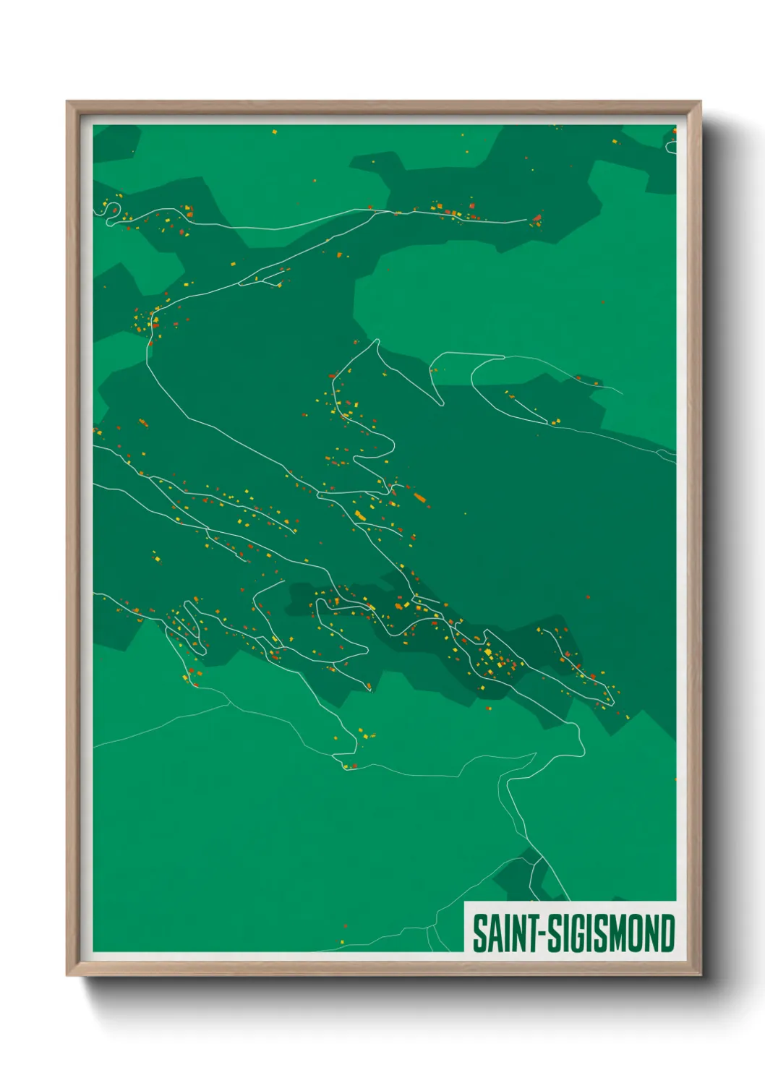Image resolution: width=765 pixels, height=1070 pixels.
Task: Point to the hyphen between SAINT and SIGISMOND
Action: pyautogui.click(x=539, y=935)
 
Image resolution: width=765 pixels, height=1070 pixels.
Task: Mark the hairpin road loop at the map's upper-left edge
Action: pyautogui.click(x=112, y=210)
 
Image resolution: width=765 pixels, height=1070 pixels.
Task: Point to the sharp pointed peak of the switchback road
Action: pyautogui.click(x=377, y=341)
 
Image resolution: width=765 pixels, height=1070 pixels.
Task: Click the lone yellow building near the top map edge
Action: pyautogui.click(x=274, y=132)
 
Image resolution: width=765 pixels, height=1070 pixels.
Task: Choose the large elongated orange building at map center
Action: pyautogui.click(x=419, y=497)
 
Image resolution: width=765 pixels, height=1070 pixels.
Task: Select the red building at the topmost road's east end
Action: pyautogui.click(x=537, y=217)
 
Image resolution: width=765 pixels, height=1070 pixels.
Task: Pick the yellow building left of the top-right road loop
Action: pyautogui.click(x=615, y=142)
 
